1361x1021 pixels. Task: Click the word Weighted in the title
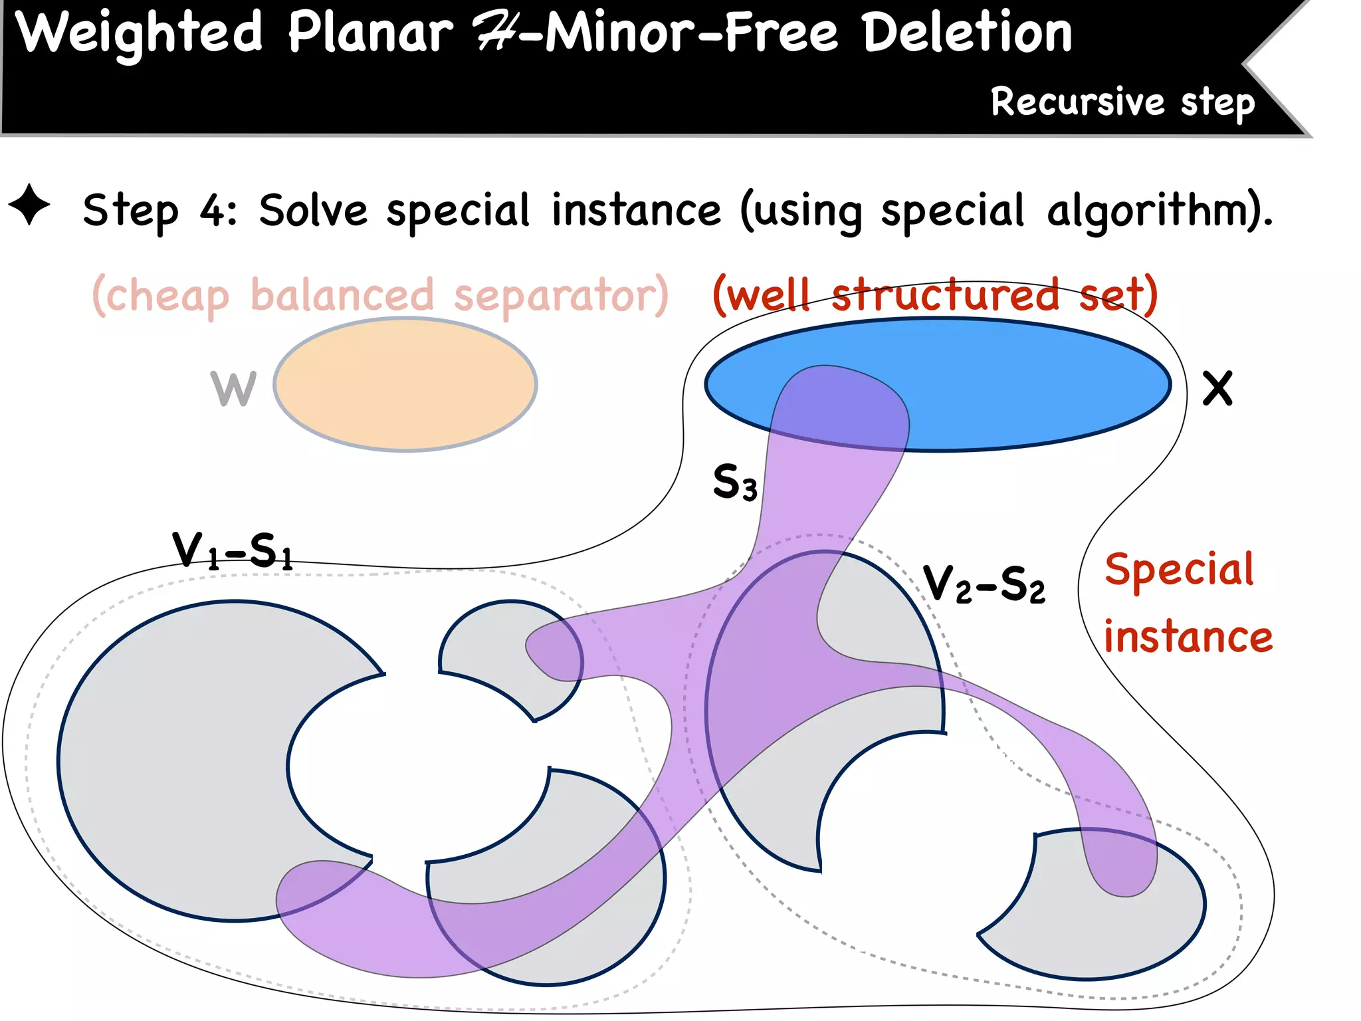point(139,33)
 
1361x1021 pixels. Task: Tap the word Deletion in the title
point(967,33)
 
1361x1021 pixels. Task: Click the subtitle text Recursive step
point(1122,102)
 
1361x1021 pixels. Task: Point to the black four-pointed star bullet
point(29,205)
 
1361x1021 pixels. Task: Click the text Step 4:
point(159,211)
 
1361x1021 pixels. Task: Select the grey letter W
point(233,388)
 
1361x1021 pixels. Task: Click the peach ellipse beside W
point(405,385)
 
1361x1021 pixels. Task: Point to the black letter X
point(1217,388)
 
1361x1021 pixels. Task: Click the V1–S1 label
point(232,550)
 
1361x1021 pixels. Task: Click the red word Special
point(1179,570)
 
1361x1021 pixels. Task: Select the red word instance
point(1188,637)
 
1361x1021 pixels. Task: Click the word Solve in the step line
point(313,211)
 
